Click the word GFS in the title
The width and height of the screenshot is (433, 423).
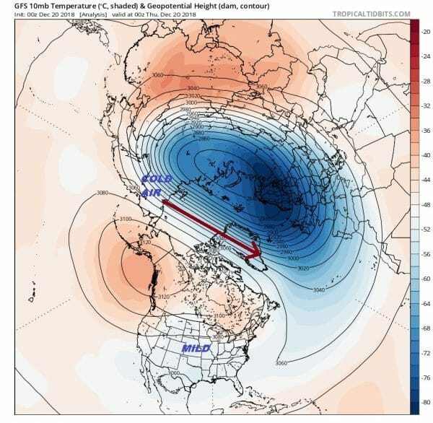tap(14, 5)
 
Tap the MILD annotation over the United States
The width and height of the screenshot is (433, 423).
tap(195, 349)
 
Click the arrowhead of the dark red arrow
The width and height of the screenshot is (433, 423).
tap(254, 252)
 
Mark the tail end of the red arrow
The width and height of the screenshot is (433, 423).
tap(162, 204)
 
